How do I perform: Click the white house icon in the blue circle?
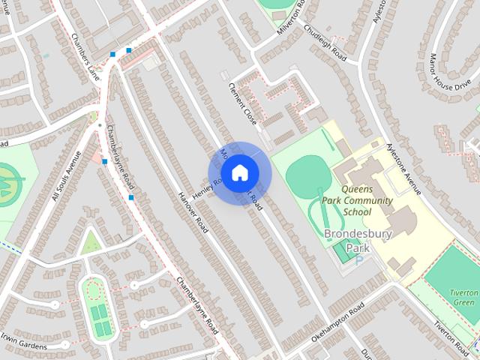(x=239, y=173)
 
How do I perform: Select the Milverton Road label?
(x=292, y=13)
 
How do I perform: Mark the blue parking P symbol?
(x=358, y=260)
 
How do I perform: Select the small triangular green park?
(x=91, y=242)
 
